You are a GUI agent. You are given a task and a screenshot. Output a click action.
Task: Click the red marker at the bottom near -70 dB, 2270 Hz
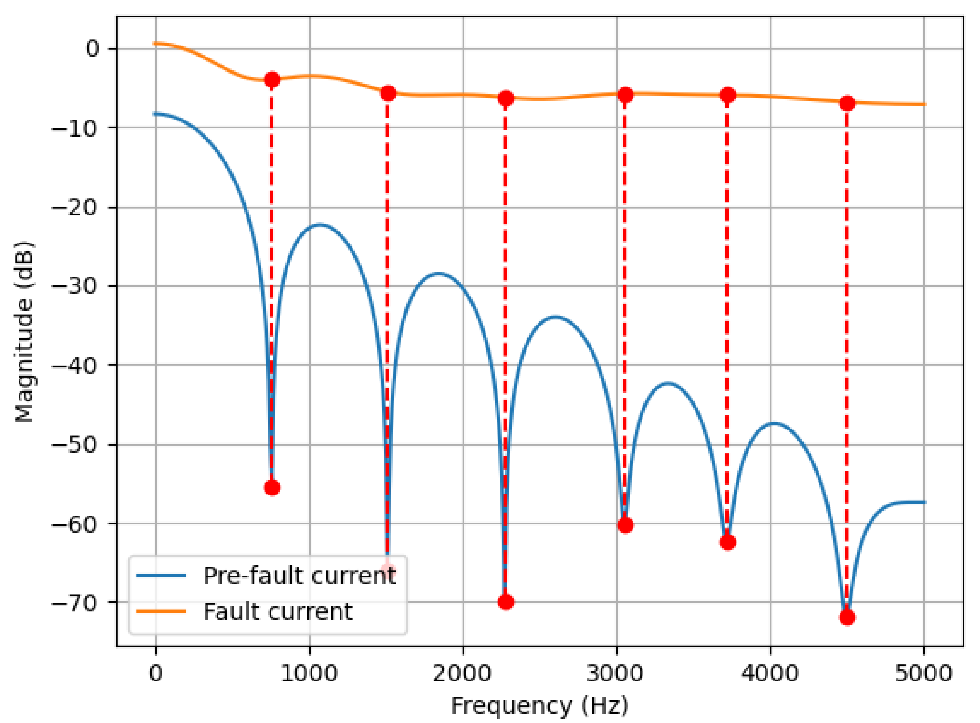506,602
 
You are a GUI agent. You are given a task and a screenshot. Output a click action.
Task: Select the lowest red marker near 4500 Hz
847,617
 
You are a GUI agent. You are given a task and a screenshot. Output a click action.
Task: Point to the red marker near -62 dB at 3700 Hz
728,543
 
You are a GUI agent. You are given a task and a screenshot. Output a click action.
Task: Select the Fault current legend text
278,612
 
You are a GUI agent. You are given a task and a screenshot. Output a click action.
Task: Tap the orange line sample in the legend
161,611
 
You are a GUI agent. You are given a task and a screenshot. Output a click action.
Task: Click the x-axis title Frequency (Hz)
540,706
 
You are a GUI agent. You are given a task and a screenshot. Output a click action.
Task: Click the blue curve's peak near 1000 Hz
320,225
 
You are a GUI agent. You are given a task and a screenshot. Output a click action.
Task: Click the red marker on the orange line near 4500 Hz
847,104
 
